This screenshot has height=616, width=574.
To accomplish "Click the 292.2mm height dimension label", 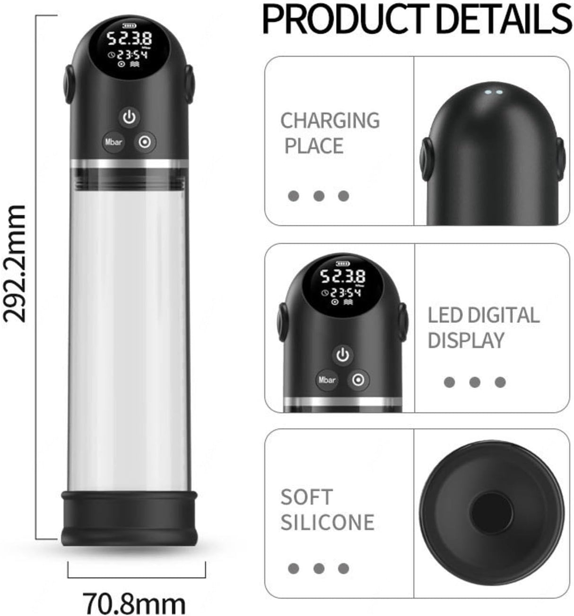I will pyautogui.click(x=14, y=263).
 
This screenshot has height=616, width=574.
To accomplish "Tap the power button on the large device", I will pyautogui.click(x=129, y=116).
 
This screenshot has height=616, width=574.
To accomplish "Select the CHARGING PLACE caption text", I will pyautogui.click(x=330, y=133).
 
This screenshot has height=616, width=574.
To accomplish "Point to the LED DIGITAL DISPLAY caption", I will pyautogui.click(x=483, y=327).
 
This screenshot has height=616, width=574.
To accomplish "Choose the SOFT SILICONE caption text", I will pyautogui.click(x=327, y=510).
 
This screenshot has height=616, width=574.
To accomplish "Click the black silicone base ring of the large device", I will pyautogui.click(x=129, y=518).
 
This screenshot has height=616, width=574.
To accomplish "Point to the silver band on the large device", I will pyautogui.click(x=129, y=164).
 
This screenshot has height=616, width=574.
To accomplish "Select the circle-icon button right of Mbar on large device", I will pyautogui.click(x=145, y=141).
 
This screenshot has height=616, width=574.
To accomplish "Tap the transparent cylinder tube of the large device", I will pyautogui.click(x=129, y=331).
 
